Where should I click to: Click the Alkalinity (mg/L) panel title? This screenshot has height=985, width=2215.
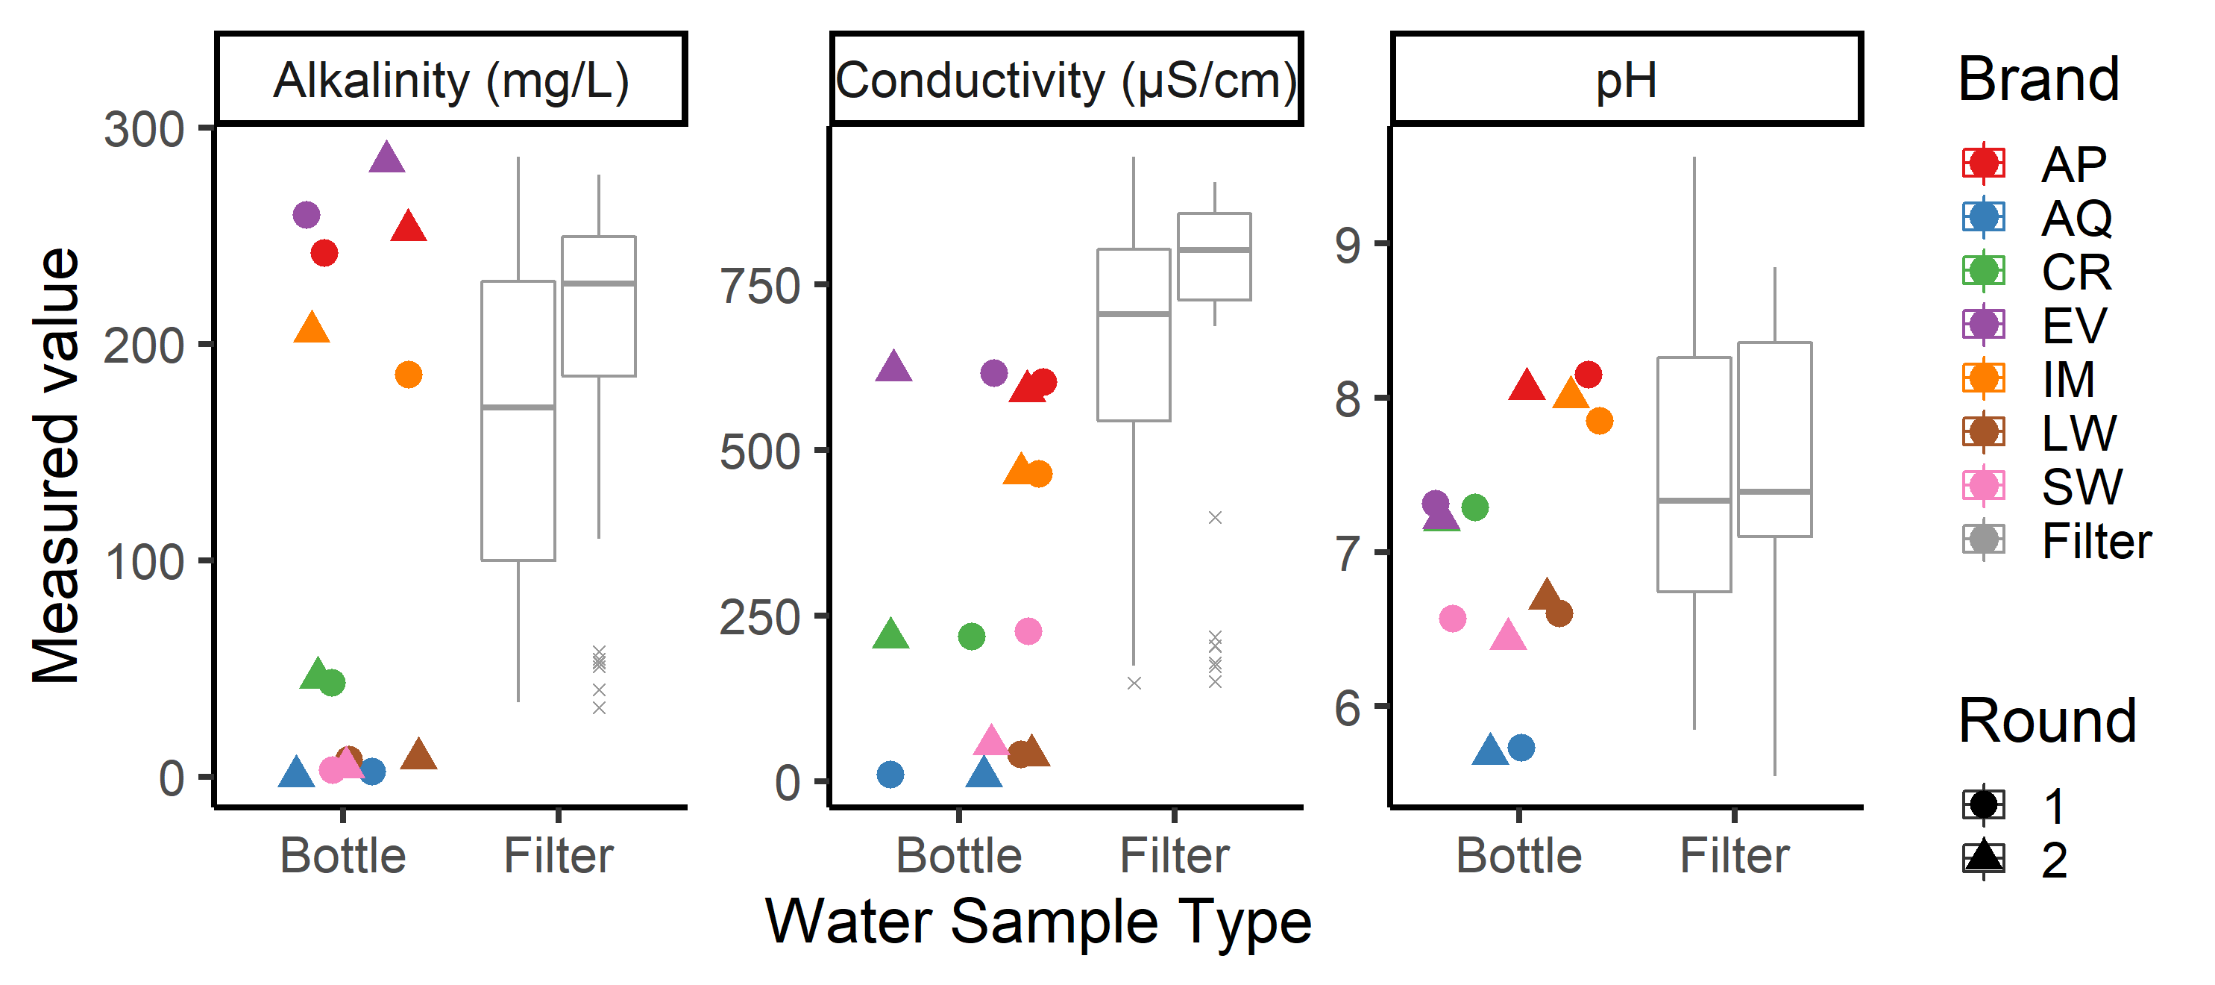[450, 80]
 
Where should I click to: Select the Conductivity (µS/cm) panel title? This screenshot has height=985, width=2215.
[1066, 80]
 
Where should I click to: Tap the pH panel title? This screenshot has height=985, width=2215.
[1626, 80]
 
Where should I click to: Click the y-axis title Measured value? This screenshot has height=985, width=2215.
[56, 466]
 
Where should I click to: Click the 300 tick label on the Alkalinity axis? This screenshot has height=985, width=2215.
[144, 130]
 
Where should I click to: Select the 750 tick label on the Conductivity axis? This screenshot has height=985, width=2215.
[760, 287]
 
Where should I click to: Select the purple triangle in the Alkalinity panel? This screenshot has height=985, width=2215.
[387, 158]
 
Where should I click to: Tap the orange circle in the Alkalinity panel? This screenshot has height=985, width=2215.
[409, 374]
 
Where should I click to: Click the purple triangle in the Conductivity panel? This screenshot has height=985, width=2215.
[893, 367]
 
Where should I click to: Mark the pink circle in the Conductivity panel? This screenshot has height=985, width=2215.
[1028, 631]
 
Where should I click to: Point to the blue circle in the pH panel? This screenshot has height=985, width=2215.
[1521, 748]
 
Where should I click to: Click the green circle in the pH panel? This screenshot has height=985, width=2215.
[1474, 507]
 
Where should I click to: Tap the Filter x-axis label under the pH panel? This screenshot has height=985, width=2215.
[1735, 856]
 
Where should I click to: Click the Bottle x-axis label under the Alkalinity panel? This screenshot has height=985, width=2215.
[343, 856]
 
